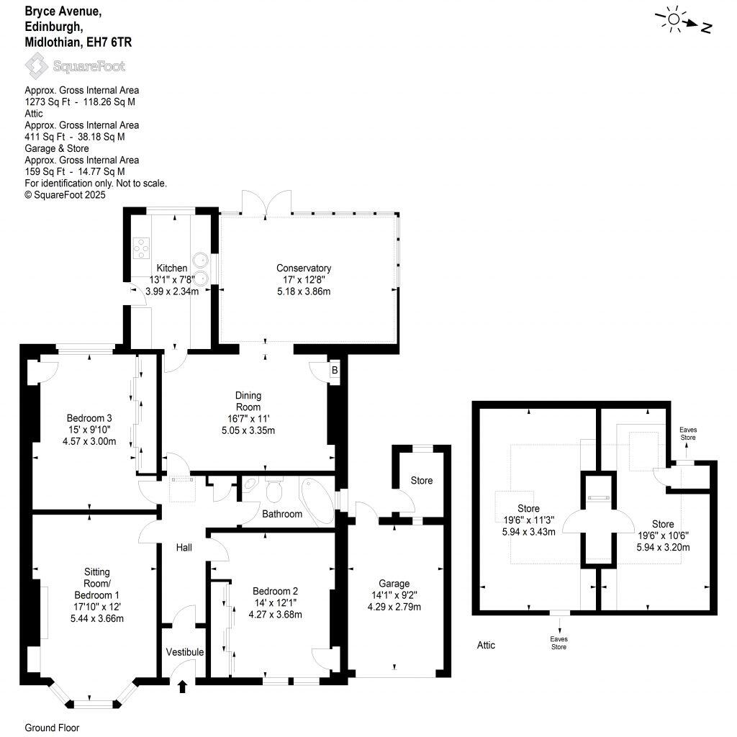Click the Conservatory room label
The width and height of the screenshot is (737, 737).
pyautogui.click(x=307, y=268)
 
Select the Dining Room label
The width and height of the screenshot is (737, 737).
pyautogui.click(x=248, y=401)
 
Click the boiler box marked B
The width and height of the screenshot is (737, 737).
pyautogui.click(x=334, y=371)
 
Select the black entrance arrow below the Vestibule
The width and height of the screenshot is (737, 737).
pyautogui.click(x=181, y=687)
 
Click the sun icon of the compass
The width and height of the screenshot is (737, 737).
pyautogui.click(x=674, y=20)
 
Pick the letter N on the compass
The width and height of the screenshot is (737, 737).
pyautogui.click(x=707, y=28)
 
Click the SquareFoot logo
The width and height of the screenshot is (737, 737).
pyautogui.click(x=76, y=66)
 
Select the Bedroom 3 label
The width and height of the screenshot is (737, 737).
pyautogui.click(x=89, y=418)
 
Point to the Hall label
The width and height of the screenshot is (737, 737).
pyautogui.click(x=184, y=548)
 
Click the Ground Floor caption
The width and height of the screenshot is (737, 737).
pyautogui.click(x=52, y=728)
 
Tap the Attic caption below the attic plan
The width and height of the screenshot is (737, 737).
pyautogui.click(x=486, y=645)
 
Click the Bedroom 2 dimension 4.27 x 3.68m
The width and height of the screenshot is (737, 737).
pyautogui.click(x=274, y=615)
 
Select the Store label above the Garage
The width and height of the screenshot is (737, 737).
pyautogui.click(x=422, y=480)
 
